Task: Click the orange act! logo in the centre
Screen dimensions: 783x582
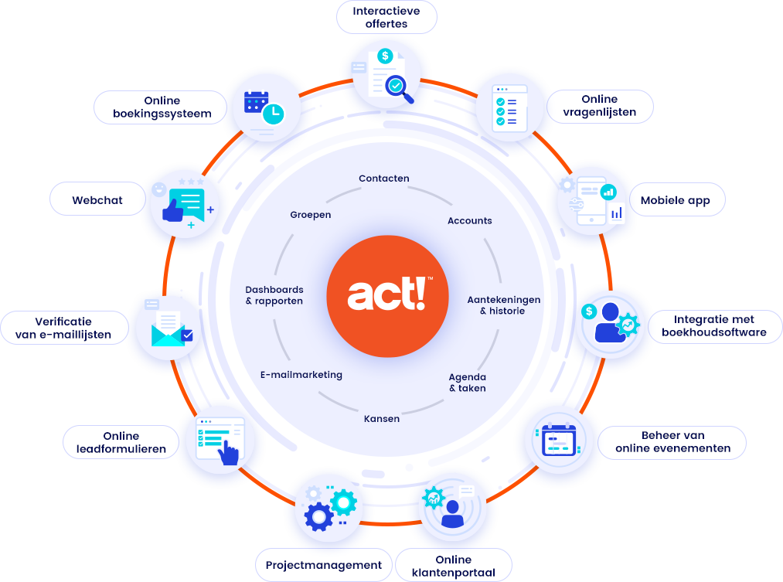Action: (x=387, y=296)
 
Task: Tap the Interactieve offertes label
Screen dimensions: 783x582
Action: (x=386, y=18)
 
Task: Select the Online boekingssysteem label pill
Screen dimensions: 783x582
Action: (x=160, y=107)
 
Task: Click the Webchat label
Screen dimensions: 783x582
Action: (x=97, y=200)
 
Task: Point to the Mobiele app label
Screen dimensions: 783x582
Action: (x=676, y=200)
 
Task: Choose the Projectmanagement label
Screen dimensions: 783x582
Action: (x=324, y=565)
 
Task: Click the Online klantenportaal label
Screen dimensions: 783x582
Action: (x=454, y=566)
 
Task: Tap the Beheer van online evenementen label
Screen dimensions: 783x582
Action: (x=672, y=442)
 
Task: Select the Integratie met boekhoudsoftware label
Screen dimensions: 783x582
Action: (x=714, y=326)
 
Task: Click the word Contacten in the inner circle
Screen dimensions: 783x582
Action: (x=384, y=179)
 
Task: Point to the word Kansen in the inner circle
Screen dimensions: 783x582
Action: (x=382, y=419)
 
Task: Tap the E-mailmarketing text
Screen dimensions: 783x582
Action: (x=301, y=374)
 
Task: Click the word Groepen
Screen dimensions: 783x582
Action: (x=311, y=215)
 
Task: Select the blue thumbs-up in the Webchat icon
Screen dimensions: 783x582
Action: (x=173, y=210)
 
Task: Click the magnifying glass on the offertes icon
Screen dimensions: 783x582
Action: (x=398, y=89)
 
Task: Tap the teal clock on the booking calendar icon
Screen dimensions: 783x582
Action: (x=273, y=114)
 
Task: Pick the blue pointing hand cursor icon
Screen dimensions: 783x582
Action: (x=229, y=451)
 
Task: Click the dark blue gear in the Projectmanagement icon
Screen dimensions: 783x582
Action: (x=318, y=517)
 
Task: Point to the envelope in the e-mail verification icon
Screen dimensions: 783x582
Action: (x=168, y=335)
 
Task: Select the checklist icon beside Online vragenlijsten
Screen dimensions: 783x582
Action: (x=509, y=108)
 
